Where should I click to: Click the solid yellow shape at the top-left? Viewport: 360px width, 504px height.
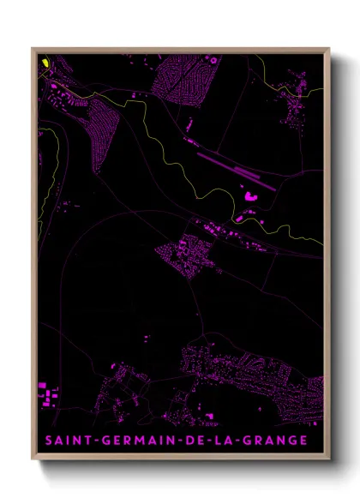coord(43,62)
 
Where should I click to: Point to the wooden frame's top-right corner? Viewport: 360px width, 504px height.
coord(328,49)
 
